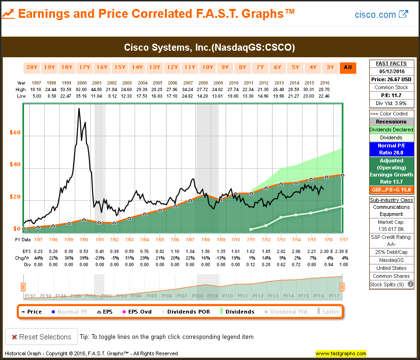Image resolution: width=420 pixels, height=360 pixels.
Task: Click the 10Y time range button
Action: tap(208, 68)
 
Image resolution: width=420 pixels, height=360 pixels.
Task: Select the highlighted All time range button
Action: tap(348, 68)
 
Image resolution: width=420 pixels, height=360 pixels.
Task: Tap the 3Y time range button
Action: tap(330, 68)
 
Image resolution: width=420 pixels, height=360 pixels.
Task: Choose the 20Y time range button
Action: tap(32, 68)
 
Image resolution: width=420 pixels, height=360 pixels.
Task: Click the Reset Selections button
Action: tap(41, 337)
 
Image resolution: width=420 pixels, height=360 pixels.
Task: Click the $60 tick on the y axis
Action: tap(16, 133)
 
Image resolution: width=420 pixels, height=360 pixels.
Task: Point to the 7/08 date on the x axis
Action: tap(205, 239)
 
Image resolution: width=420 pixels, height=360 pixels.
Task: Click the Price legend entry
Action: tap(31, 312)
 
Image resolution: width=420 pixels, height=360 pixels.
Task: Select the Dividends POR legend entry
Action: tap(186, 312)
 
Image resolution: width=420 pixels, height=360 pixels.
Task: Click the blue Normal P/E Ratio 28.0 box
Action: tap(391, 149)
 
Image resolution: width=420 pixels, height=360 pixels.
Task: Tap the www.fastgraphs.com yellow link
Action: tap(340, 353)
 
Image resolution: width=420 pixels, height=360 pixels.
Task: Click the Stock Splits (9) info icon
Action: tap(411, 284)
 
